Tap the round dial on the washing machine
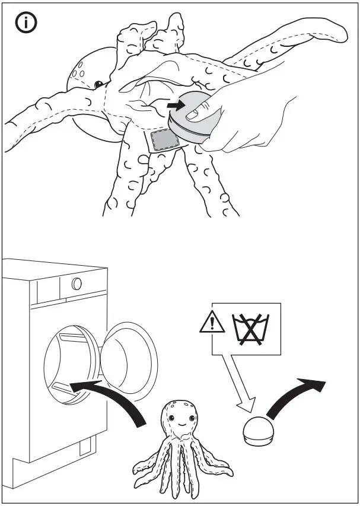(x=77, y=284)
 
